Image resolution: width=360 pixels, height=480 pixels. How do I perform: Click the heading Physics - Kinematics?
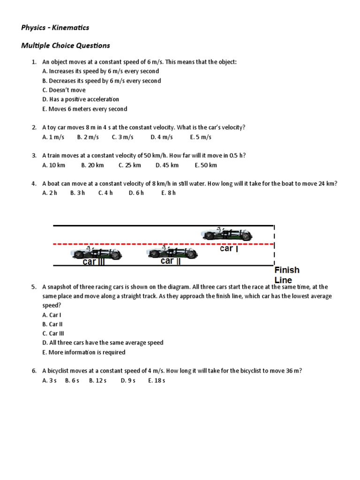55,28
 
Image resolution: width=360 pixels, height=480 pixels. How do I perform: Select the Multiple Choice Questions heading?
66,45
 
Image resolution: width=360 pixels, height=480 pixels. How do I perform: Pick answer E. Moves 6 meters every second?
84,109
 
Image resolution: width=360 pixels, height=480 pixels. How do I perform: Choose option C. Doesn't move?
64,90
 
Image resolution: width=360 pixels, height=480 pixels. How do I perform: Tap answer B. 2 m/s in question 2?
88,137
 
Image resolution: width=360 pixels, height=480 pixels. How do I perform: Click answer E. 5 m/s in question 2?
201,137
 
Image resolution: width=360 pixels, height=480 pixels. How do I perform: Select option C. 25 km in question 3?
130,165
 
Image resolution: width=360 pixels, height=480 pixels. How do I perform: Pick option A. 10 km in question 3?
54,165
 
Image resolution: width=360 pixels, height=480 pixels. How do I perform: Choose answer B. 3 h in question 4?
77,193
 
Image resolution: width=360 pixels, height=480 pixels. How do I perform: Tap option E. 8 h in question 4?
168,193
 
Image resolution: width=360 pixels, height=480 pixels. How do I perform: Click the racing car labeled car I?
227,233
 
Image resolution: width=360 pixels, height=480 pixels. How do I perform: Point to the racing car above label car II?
172,253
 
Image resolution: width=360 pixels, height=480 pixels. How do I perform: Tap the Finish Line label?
286,275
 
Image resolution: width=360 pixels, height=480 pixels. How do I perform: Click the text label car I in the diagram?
229,249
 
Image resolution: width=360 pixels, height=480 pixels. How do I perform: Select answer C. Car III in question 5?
53,333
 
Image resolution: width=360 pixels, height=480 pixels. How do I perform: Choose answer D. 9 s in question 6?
127,380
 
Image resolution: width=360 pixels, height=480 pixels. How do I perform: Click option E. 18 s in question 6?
157,380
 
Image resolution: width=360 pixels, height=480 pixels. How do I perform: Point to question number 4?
34,184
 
